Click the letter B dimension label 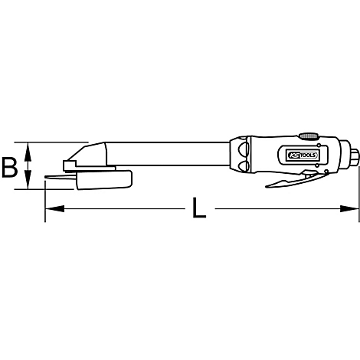[10, 166]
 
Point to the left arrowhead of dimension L [51, 207]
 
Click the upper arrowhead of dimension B [29, 147]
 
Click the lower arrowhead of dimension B [29, 184]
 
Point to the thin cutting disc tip [51, 180]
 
